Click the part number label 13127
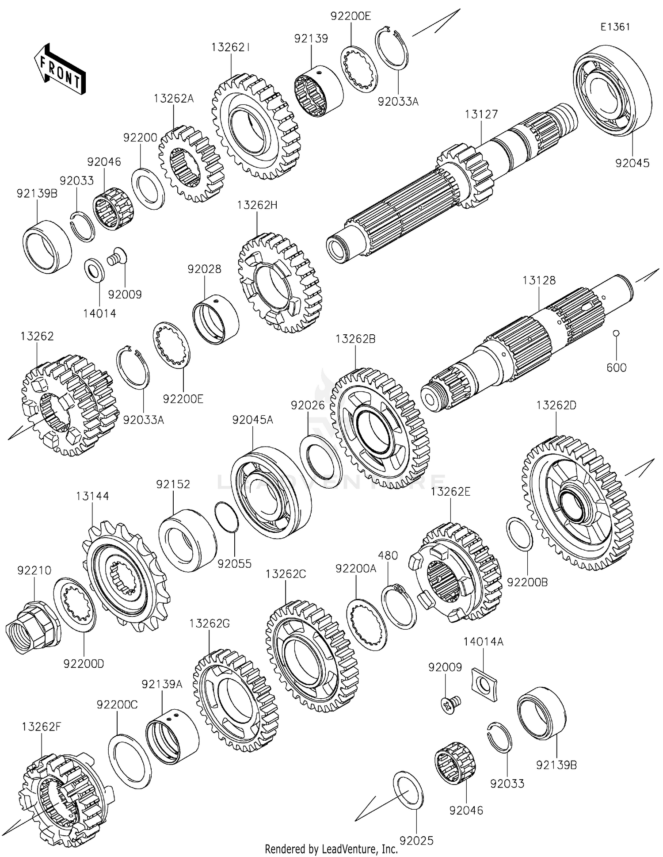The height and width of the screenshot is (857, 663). [x=481, y=114]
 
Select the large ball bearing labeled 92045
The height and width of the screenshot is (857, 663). [x=612, y=91]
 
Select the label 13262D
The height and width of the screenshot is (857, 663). [x=556, y=405]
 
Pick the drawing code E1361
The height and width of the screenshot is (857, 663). [x=615, y=27]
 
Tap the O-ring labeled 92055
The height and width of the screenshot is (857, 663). [x=226, y=517]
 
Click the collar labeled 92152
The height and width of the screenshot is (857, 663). [x=187, y=539]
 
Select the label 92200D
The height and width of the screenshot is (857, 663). [x=84, y=664]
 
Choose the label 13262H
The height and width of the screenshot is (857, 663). [x=257, y=205]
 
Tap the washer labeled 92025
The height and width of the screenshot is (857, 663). [x=408, y=790]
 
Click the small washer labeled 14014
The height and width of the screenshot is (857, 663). [x=94, y=269]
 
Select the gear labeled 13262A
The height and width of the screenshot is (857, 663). [x=191, y=164]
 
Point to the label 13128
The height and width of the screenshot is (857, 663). [x=539, y=280]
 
